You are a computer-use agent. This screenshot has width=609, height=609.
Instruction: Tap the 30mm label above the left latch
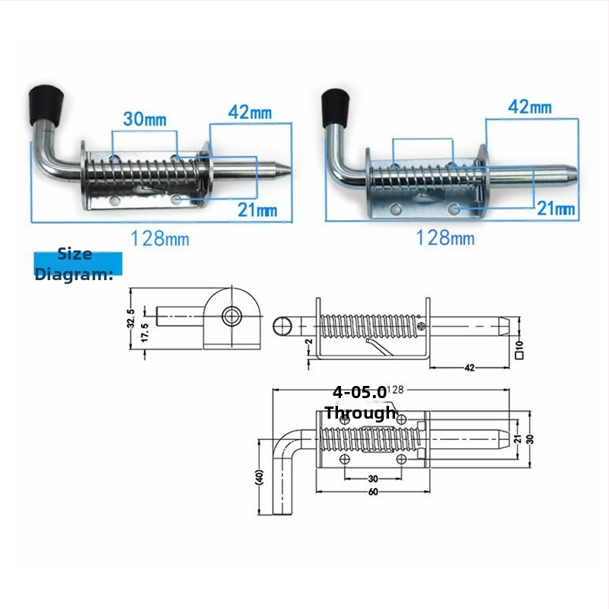pyautogui.click(x=145, y=120)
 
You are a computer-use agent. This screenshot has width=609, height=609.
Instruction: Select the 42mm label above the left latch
pyautogui.click(x=250, y=112)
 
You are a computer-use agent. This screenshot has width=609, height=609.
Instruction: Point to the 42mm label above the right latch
pyautogui.click(x=530, y=107)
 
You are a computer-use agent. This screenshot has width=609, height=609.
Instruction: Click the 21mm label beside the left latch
pyautogui.click(x=257, y=210)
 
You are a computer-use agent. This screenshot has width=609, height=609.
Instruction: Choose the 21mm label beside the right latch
pyautogui.click(x=556, y=209)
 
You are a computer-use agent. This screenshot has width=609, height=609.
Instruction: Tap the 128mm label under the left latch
pyautogui.click(x=160, y=238)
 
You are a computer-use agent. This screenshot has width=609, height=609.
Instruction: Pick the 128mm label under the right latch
pyautogui.click(x=445, y=238)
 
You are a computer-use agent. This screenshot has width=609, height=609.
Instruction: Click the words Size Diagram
pyautogui.click(x=74, y=264)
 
